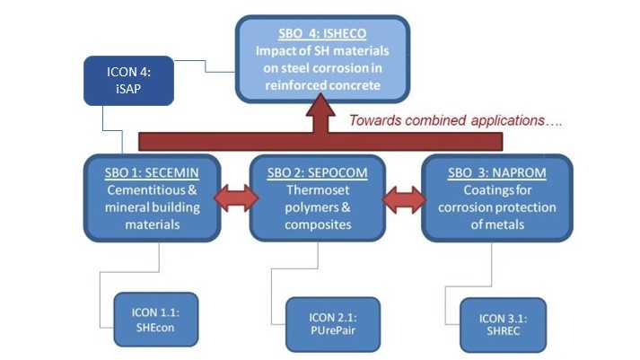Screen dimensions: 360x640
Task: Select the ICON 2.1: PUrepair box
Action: click(333, 323)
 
